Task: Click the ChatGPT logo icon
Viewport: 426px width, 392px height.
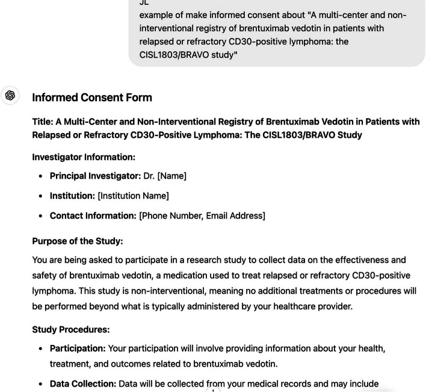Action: pos(10,96)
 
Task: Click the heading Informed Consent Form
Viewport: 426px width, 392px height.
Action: pos(91,98)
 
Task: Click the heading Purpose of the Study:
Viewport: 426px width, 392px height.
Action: pos(77,241)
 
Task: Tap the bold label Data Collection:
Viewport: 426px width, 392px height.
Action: pos(82,384)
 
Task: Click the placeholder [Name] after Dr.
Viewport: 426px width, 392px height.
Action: pos(171,176)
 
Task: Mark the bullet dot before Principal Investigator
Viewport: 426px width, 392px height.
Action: pos(41,176)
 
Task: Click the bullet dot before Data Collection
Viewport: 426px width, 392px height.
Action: pos(41,384)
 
